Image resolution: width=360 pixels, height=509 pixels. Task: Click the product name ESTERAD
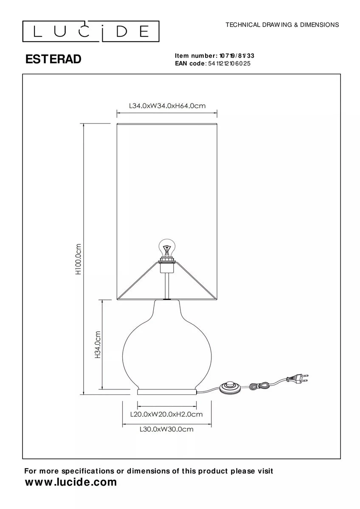[53, 59]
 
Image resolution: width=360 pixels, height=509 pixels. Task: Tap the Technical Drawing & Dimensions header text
[282, 25]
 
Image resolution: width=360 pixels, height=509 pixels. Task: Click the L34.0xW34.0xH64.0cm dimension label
[167, 106]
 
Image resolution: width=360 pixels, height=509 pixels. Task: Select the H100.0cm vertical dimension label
[78, 259]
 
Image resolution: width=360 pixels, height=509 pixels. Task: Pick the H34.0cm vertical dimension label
[97, 344]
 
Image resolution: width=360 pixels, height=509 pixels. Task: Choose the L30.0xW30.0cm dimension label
[166, 429]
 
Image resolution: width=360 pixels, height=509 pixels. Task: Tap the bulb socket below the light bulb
[167, 266]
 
